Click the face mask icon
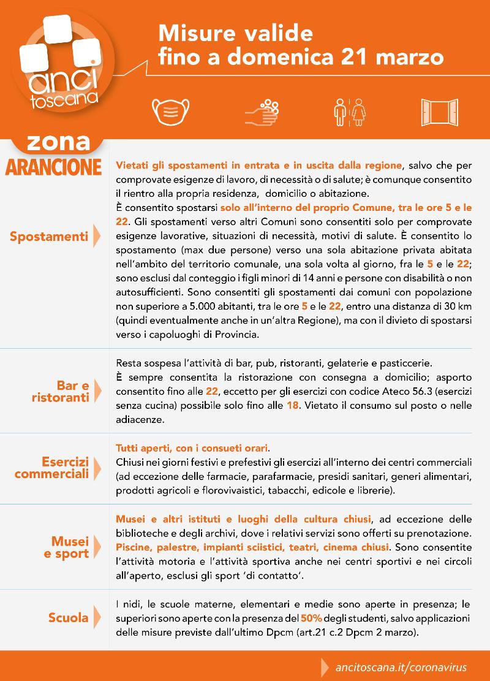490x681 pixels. pyautogui.click(x=169, y=112)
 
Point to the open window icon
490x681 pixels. pyautogui.click(x=439, y=112)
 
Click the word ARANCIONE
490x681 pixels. pyautogui.click(x=53, y=167)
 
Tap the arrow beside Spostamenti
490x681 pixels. pyautogui.click(x=96, y=236)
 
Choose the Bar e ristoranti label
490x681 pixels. pyautogui.click(x=61, y=391)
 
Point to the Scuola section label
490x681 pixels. pyautogui.click(x=68, y=618)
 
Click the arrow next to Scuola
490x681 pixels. pyautogui.click(x=96, y=618)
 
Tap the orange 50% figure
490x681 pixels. pyautogui.click(x=312, y=617)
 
